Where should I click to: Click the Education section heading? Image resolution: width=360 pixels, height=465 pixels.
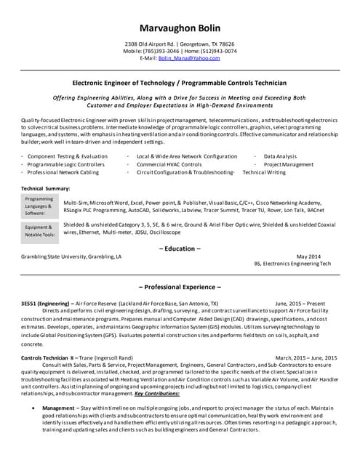click(x=180, y=248)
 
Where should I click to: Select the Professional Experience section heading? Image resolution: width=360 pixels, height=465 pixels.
click(x=180, y=288)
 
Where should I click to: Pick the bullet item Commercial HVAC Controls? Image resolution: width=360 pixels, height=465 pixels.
click(x=169, y=165)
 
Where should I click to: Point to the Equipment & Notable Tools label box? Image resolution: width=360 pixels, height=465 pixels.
click(x=39, y=230)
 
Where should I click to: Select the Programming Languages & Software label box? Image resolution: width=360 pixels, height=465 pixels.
click(x=39, y=206)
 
